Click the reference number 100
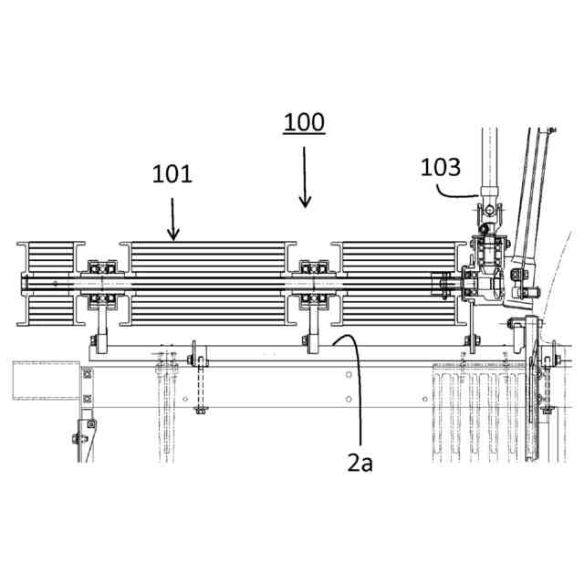click(304, 122)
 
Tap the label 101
click(172, 173)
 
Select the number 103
click(441, 167)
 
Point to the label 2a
click(360, 463)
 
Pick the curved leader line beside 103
click(456, 193)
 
